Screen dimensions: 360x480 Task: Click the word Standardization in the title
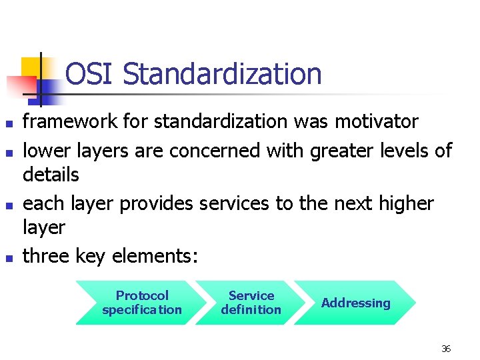coord(222,74)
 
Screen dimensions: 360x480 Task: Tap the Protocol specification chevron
coord(142,303)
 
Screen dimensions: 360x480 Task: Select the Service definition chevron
coord(251,303)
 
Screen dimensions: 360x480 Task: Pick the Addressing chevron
coord(355,303)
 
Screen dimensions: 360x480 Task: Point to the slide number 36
coord(446,349)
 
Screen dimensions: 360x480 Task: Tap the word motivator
coord(377,122)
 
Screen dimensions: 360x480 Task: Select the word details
coord(51,175)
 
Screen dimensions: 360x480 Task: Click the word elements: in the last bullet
coord(155,256)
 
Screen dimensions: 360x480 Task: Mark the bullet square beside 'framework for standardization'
coord(9,123)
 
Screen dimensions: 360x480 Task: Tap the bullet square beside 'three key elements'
coord(9,257)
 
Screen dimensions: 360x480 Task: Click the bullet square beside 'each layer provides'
coord(9,205)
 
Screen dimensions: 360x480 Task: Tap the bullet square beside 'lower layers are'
coord(9,153)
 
